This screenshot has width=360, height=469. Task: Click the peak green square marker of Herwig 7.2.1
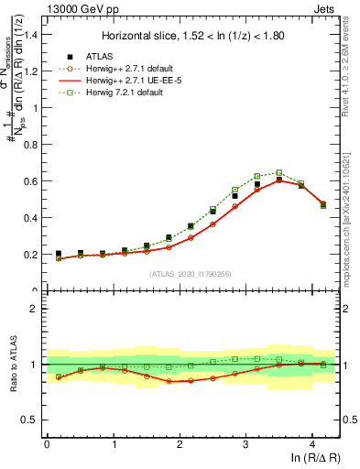[x=279, y=172]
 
